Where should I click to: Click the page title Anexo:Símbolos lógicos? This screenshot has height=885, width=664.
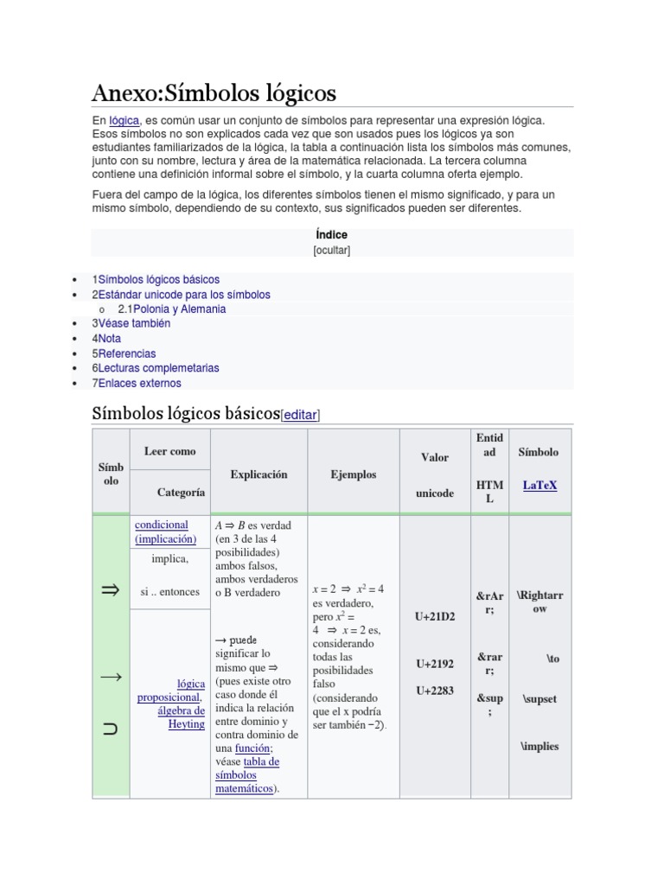214,92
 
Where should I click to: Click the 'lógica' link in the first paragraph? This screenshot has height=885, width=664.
124,121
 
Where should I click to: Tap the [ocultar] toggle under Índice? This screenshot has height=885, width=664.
331,251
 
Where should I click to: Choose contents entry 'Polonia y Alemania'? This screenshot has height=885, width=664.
172,309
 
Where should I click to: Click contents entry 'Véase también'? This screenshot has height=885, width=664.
134,323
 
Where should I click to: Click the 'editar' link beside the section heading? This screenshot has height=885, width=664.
301,416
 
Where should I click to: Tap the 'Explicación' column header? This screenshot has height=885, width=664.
259,474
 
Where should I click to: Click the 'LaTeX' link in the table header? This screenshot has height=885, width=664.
539,486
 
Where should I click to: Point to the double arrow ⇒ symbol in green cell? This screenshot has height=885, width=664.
111,590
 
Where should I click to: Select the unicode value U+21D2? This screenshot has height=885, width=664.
434,617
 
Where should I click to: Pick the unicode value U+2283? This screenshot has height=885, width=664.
434,691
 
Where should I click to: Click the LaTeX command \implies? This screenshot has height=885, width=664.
539,746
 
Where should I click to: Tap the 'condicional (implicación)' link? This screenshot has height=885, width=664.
165,532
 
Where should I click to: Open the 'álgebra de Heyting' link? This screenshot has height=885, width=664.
182,717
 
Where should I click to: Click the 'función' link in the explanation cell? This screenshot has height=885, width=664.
256,748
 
